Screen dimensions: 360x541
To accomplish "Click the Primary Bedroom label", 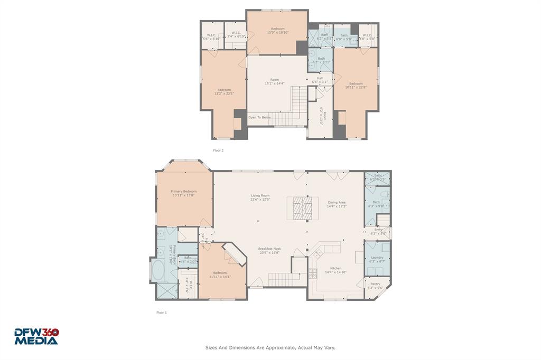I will pyautogui.click(x=183, y=191).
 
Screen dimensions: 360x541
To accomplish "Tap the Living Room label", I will pyautogui.click(x=260, y=195).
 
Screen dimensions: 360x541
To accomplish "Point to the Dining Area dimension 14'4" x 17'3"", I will pyautogui.click(x=337, y=206).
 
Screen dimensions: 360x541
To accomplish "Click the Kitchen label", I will pyautogui.click(x=336, y=268).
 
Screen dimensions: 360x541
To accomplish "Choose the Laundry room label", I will pyautogui.click(x=377, y=258).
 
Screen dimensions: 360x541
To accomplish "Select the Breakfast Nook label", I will pyautogui.click(x=269, y=249).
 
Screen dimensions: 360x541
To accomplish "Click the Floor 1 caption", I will pyautogui.click(x=161, y=312).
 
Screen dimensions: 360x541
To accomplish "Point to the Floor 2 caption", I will pyautogui.click(x=218, y=150).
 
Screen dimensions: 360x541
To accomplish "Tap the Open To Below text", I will pyautogui.click(x=259, y=117).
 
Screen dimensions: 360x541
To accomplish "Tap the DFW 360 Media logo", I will pyautogui.click(x=36, y=336).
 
